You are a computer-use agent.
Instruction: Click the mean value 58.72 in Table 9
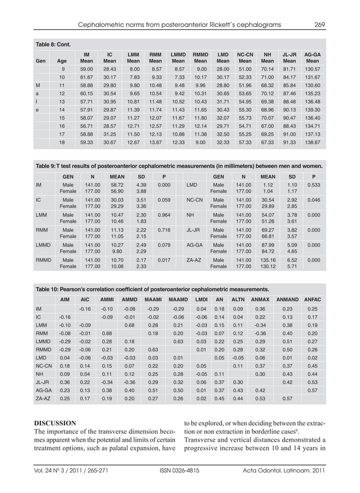click(117, 185)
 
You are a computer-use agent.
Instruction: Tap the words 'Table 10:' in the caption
click(50, 287)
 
